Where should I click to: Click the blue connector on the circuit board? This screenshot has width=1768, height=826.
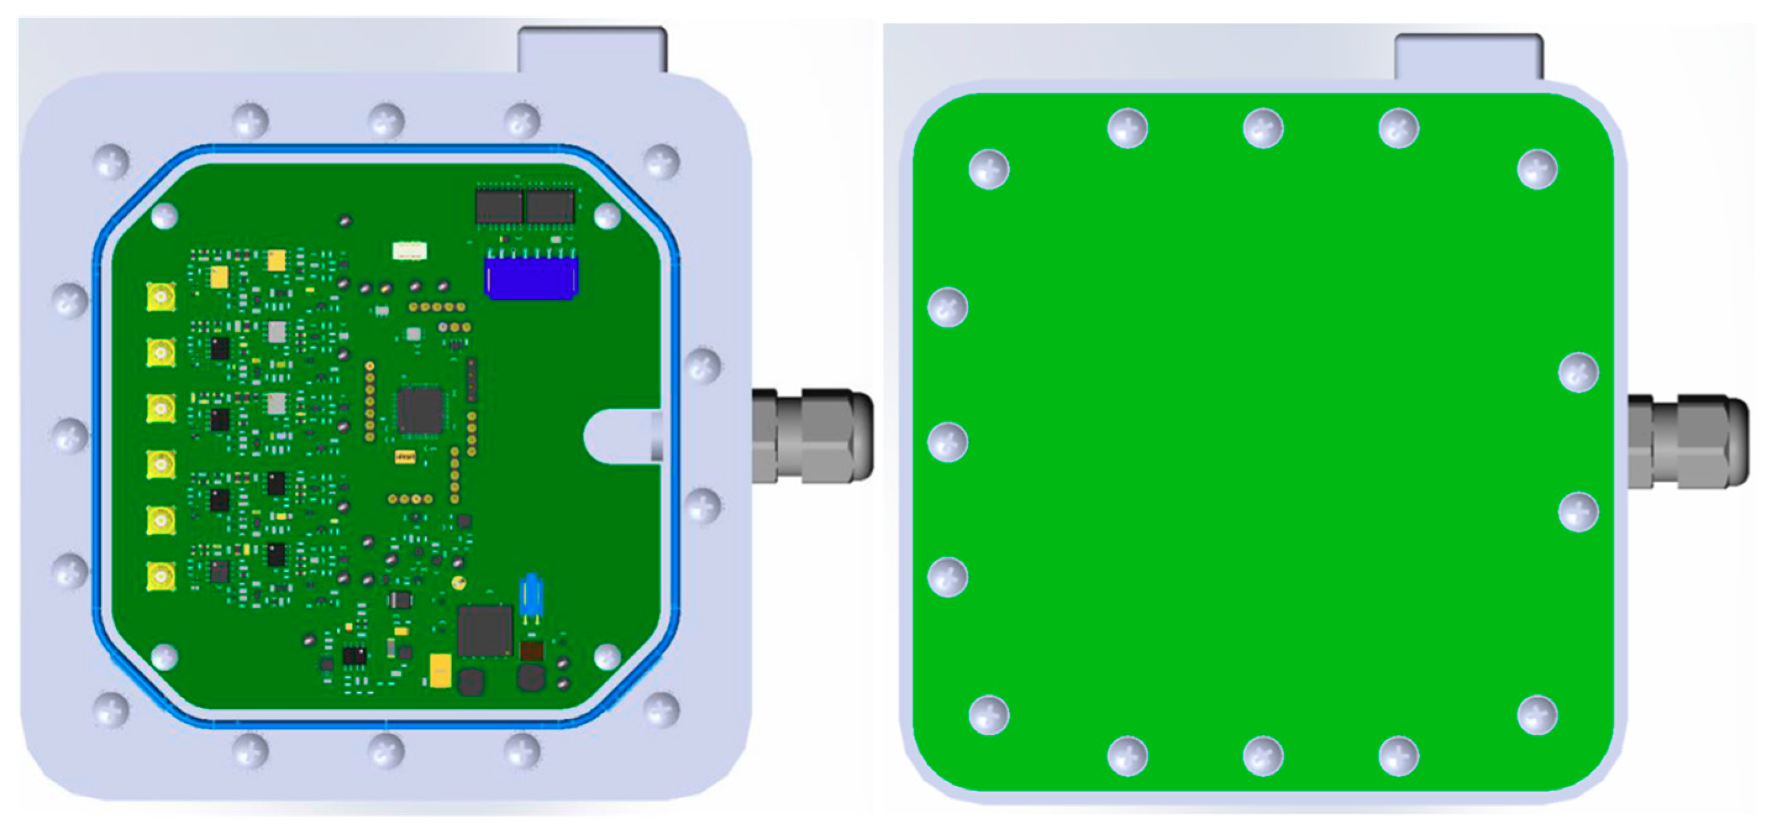click(532, 277)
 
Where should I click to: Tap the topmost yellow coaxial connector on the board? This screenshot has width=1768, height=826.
click(161, 297)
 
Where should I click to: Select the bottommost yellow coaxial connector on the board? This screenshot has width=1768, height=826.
click(161, 576)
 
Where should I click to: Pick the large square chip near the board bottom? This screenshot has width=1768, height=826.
click(485, 630)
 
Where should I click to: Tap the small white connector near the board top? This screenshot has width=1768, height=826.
click(409, 251)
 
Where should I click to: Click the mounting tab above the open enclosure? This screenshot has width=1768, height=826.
click(591, 49)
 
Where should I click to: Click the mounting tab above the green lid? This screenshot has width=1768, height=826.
click(1469, 56)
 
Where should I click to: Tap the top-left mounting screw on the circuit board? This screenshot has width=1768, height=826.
click(164, 216)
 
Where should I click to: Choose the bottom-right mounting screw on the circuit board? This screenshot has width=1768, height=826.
click(607, 656)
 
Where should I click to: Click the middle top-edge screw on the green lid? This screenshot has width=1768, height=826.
click(1263, 128)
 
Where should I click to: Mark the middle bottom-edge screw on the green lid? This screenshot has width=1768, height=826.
click(1263, 756)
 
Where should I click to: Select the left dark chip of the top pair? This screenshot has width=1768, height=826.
click(499, 205)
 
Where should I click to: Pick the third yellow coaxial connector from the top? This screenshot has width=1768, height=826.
click(161, 408)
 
